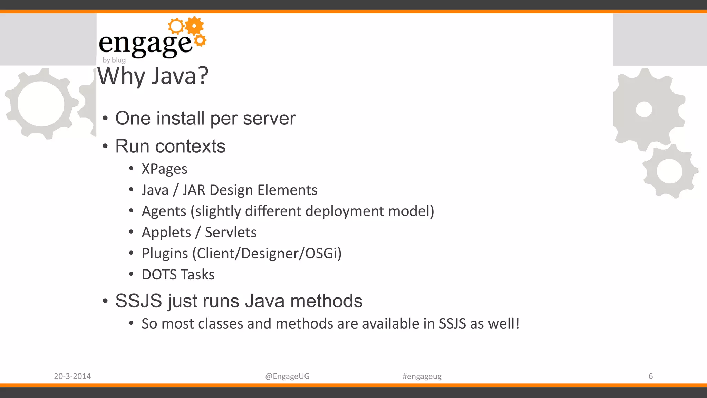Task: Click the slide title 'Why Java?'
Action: click(x=153, y=76)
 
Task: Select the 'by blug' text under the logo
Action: click(x=114, y=60)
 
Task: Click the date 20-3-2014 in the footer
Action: click(x=72, y=376)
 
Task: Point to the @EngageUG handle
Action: click(x=287, y=376)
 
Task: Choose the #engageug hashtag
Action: click(x=422, y=376)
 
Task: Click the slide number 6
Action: click(x=651, y=376)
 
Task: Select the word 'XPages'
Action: click(x=164, y=169)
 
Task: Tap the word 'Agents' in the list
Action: click(x=164, y=211)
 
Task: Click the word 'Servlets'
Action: click(x=231, y=233)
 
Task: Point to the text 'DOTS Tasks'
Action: click(x=178, y=275)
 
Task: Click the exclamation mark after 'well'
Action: click(x=517, y=324)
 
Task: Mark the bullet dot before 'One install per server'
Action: click(x=105, y=119)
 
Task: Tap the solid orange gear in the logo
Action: click(x=195, y=26)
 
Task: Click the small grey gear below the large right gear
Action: click(x=669, y=171)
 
